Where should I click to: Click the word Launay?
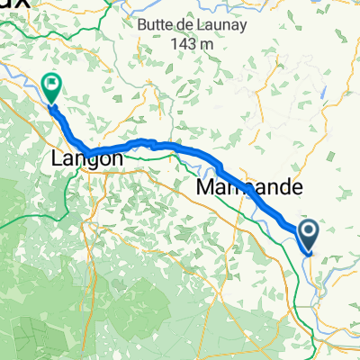pos(207,26)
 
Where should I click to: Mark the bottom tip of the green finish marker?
pos(50,102)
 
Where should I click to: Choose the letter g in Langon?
pos(90,160)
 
